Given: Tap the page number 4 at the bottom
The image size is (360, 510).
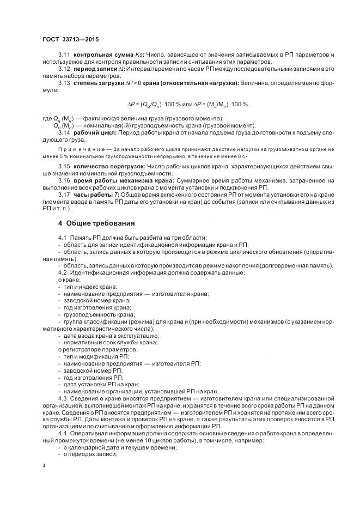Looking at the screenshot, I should pos(44,466).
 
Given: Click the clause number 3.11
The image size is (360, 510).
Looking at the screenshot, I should pos(64,56).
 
